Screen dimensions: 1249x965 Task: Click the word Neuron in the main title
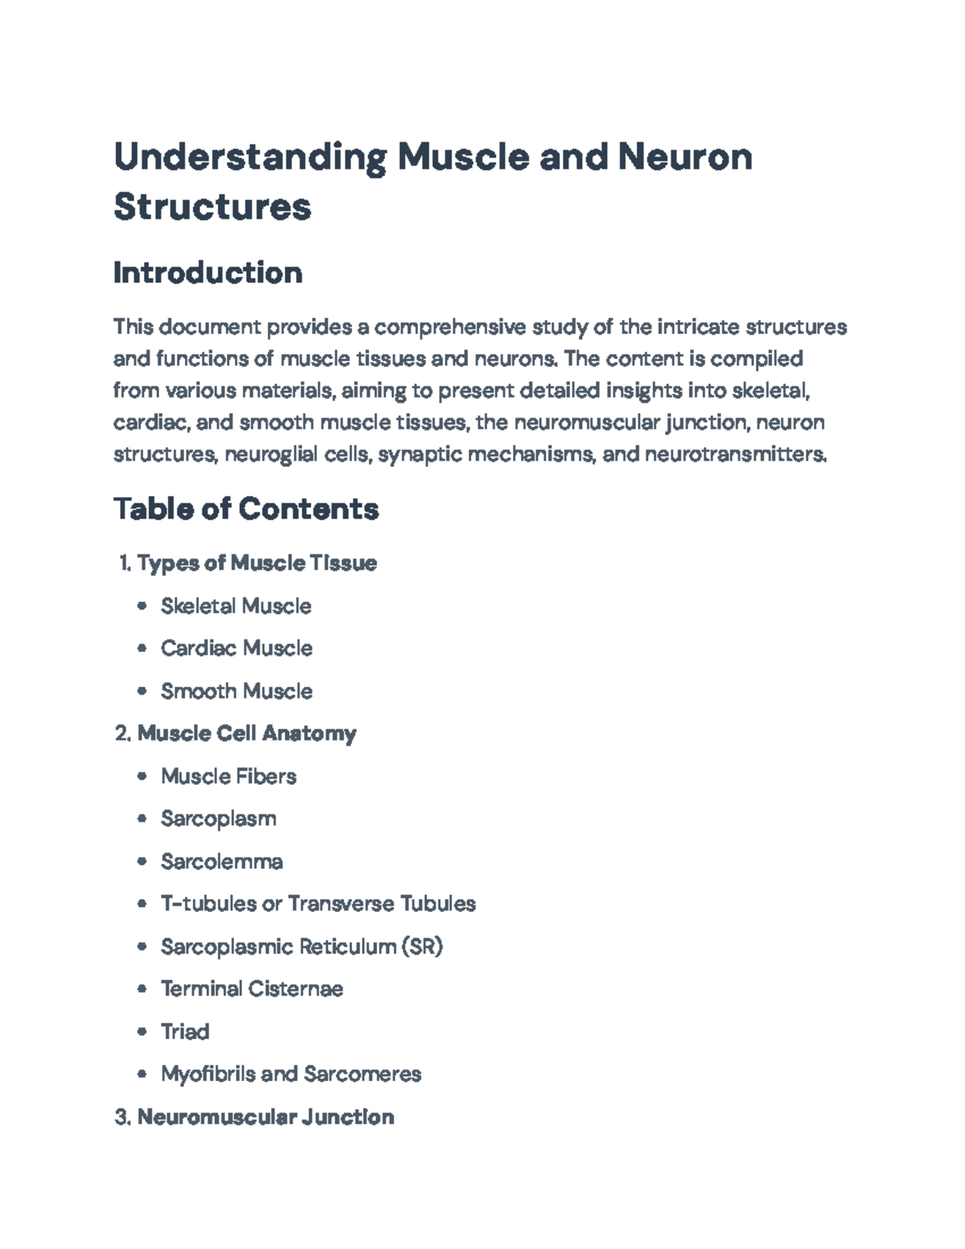tap(684, 156)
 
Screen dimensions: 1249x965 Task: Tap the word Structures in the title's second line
tap(212, 207)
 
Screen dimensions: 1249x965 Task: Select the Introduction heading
tap(207, 273)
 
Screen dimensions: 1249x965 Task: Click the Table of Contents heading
tap(245, 508)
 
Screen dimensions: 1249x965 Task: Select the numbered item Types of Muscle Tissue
tap(257, 562)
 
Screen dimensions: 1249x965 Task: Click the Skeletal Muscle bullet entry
tap(236, 606)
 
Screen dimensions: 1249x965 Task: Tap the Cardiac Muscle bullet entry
tap(236, 648)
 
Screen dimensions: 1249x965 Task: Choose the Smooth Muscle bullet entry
tap(236, 691)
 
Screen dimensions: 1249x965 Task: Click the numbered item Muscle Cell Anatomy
tap(247, 733)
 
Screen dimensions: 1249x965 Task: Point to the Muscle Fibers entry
tap(228, 776)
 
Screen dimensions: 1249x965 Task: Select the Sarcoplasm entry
tap(218, 819)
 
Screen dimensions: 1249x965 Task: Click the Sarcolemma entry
tap(221, 861)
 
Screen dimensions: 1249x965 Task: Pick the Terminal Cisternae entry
tap(252, 988)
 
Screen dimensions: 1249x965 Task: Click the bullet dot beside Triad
tap(142, 1031)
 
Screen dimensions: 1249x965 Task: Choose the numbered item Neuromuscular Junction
tap(265, 1116)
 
